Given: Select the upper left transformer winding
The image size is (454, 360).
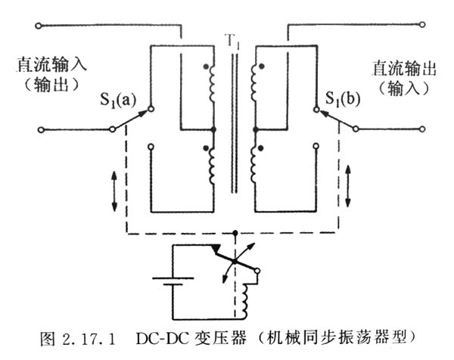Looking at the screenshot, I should pos(211,85).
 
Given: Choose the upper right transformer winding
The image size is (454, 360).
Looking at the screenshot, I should pos(258,85).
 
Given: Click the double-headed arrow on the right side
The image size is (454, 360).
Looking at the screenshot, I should pos(349,185).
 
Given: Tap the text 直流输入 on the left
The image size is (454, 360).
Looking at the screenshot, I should pos(46,65).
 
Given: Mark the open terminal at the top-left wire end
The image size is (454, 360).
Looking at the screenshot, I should pos(38,26).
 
